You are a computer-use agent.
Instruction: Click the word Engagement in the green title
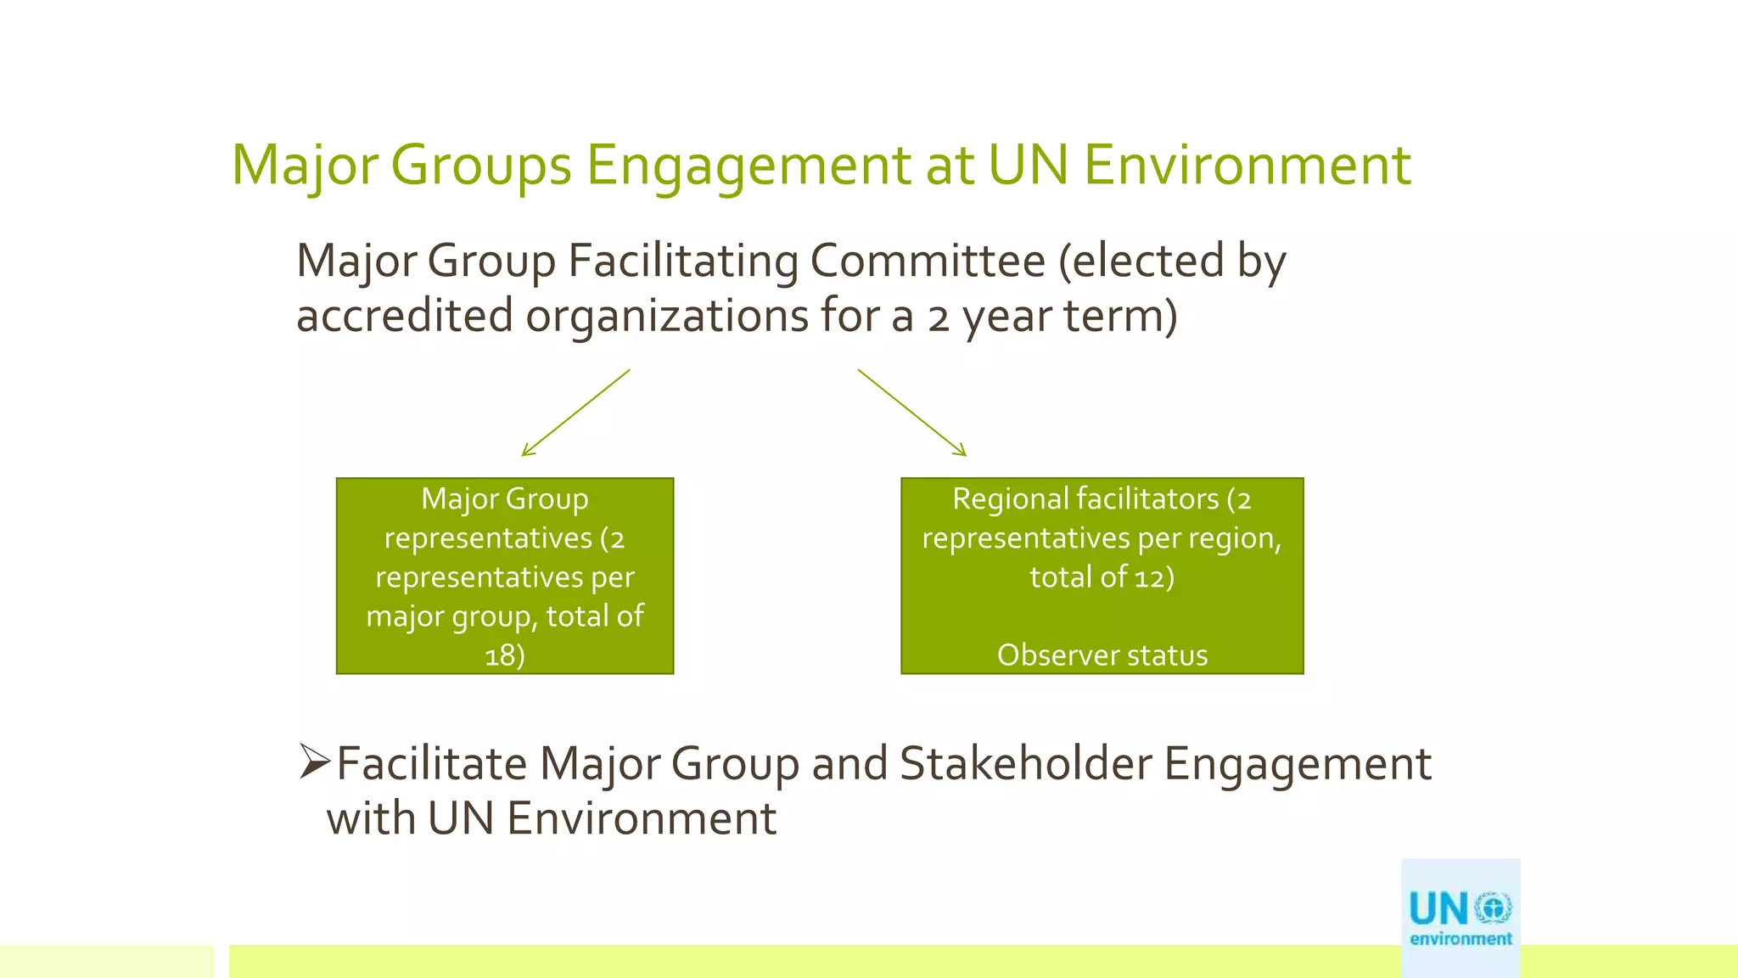click(x=748, y=166)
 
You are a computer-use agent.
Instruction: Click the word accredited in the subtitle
click(x=404, y=316)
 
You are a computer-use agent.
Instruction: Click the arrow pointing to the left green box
click(x=575, y=413)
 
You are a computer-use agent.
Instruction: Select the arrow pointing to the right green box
click(x=912, y=413)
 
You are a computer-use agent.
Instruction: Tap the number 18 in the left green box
click(x=499, y=655)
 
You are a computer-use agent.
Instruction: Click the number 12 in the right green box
click(x=1149, y=577)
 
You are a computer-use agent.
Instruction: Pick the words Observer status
click(x=1102, y=655)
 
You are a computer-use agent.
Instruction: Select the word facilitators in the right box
click(x=1138, y=499)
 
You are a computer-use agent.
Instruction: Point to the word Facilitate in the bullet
click(x=431, y=763)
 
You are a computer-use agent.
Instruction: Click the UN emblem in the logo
click(x=1493, y=908)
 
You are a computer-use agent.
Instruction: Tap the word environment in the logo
click(x=1460, y=939)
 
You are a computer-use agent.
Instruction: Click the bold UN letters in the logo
click(x=1438, y=909)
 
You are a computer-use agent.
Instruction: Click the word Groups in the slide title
click(x=480, y=166)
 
